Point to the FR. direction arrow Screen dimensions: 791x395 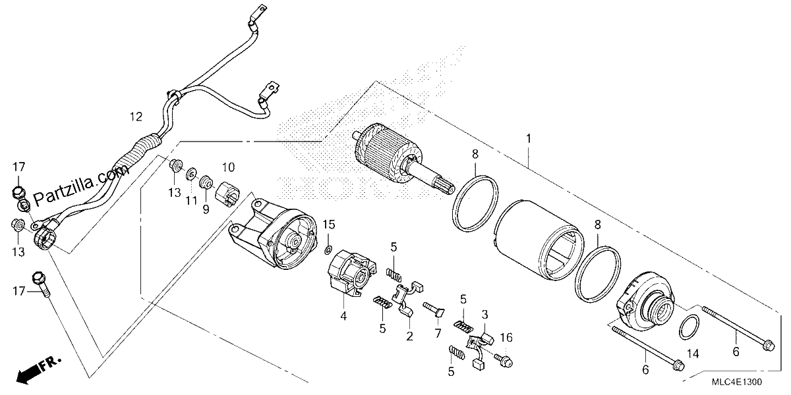pyautogui.click(x=39, y=371)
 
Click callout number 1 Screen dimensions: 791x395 pyautogui.click(x=528, y=139)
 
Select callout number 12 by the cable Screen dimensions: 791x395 pyautogui.click(x=136, y=117)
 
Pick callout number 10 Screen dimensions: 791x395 pyautogui.click(x=229, y=167)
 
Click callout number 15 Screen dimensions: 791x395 pyautogui.click(x=329, y=224)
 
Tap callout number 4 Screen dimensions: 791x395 pyautogui.click(x=343, y=317)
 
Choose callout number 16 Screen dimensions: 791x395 pyautogui.click(x=506, y=338)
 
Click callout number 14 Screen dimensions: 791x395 pyautogui.click(x=693, y=354)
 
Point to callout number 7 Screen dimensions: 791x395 pyautogui.click(x=438, y=333)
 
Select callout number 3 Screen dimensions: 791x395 pyautogui.click(x=485, y=314)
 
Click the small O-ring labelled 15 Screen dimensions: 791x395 pyautogui.click(x=328, y=250)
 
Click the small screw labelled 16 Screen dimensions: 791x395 pyautogui.click(x=503, y=361)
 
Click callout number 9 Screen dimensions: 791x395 pyautogui.click(x=206, y=210)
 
